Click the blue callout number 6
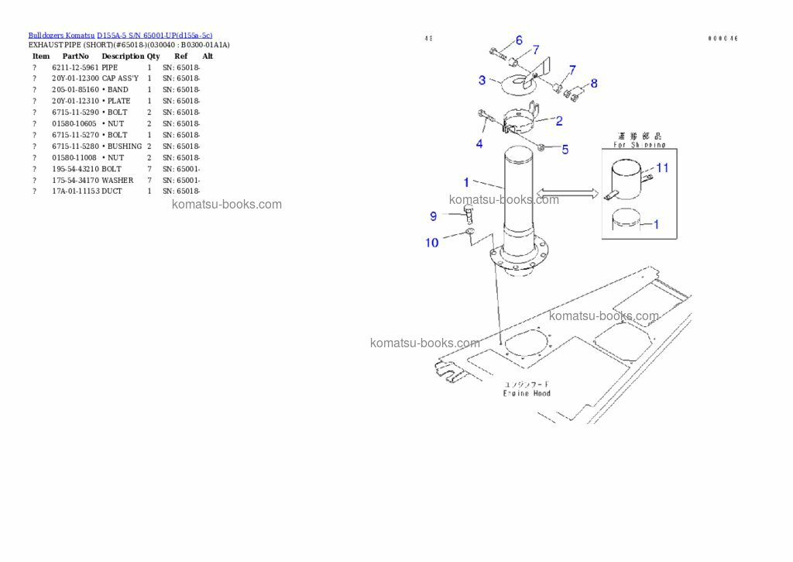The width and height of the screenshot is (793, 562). point(519,40)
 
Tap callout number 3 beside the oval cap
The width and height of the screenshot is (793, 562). point(482,80)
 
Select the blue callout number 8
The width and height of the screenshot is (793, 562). point(594,83)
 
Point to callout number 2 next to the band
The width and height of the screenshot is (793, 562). point(558,121)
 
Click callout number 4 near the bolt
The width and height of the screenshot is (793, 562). point(479,143)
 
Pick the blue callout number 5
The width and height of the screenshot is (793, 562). point(565,149)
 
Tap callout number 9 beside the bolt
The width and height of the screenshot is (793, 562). point(434,215)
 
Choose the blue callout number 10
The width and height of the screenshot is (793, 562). point(431,243)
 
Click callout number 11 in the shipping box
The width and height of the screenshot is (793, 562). point(662,167)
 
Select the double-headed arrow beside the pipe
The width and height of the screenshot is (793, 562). point(567,193)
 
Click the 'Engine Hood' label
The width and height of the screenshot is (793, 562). point(527,393)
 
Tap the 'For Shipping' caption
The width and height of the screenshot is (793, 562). point(639,144)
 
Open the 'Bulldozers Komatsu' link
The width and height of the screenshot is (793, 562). point(61,36)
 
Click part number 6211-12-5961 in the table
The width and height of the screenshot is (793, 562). point(75,67)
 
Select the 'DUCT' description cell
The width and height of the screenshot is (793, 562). point(112,191)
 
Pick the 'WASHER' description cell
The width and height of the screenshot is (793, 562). point(117,180)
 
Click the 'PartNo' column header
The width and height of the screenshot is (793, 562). point(75,56)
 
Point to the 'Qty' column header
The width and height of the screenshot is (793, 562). point(153,56)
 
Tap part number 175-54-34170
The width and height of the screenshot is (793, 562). point(76,180)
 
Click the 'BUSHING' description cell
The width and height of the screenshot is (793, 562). point(124,147)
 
